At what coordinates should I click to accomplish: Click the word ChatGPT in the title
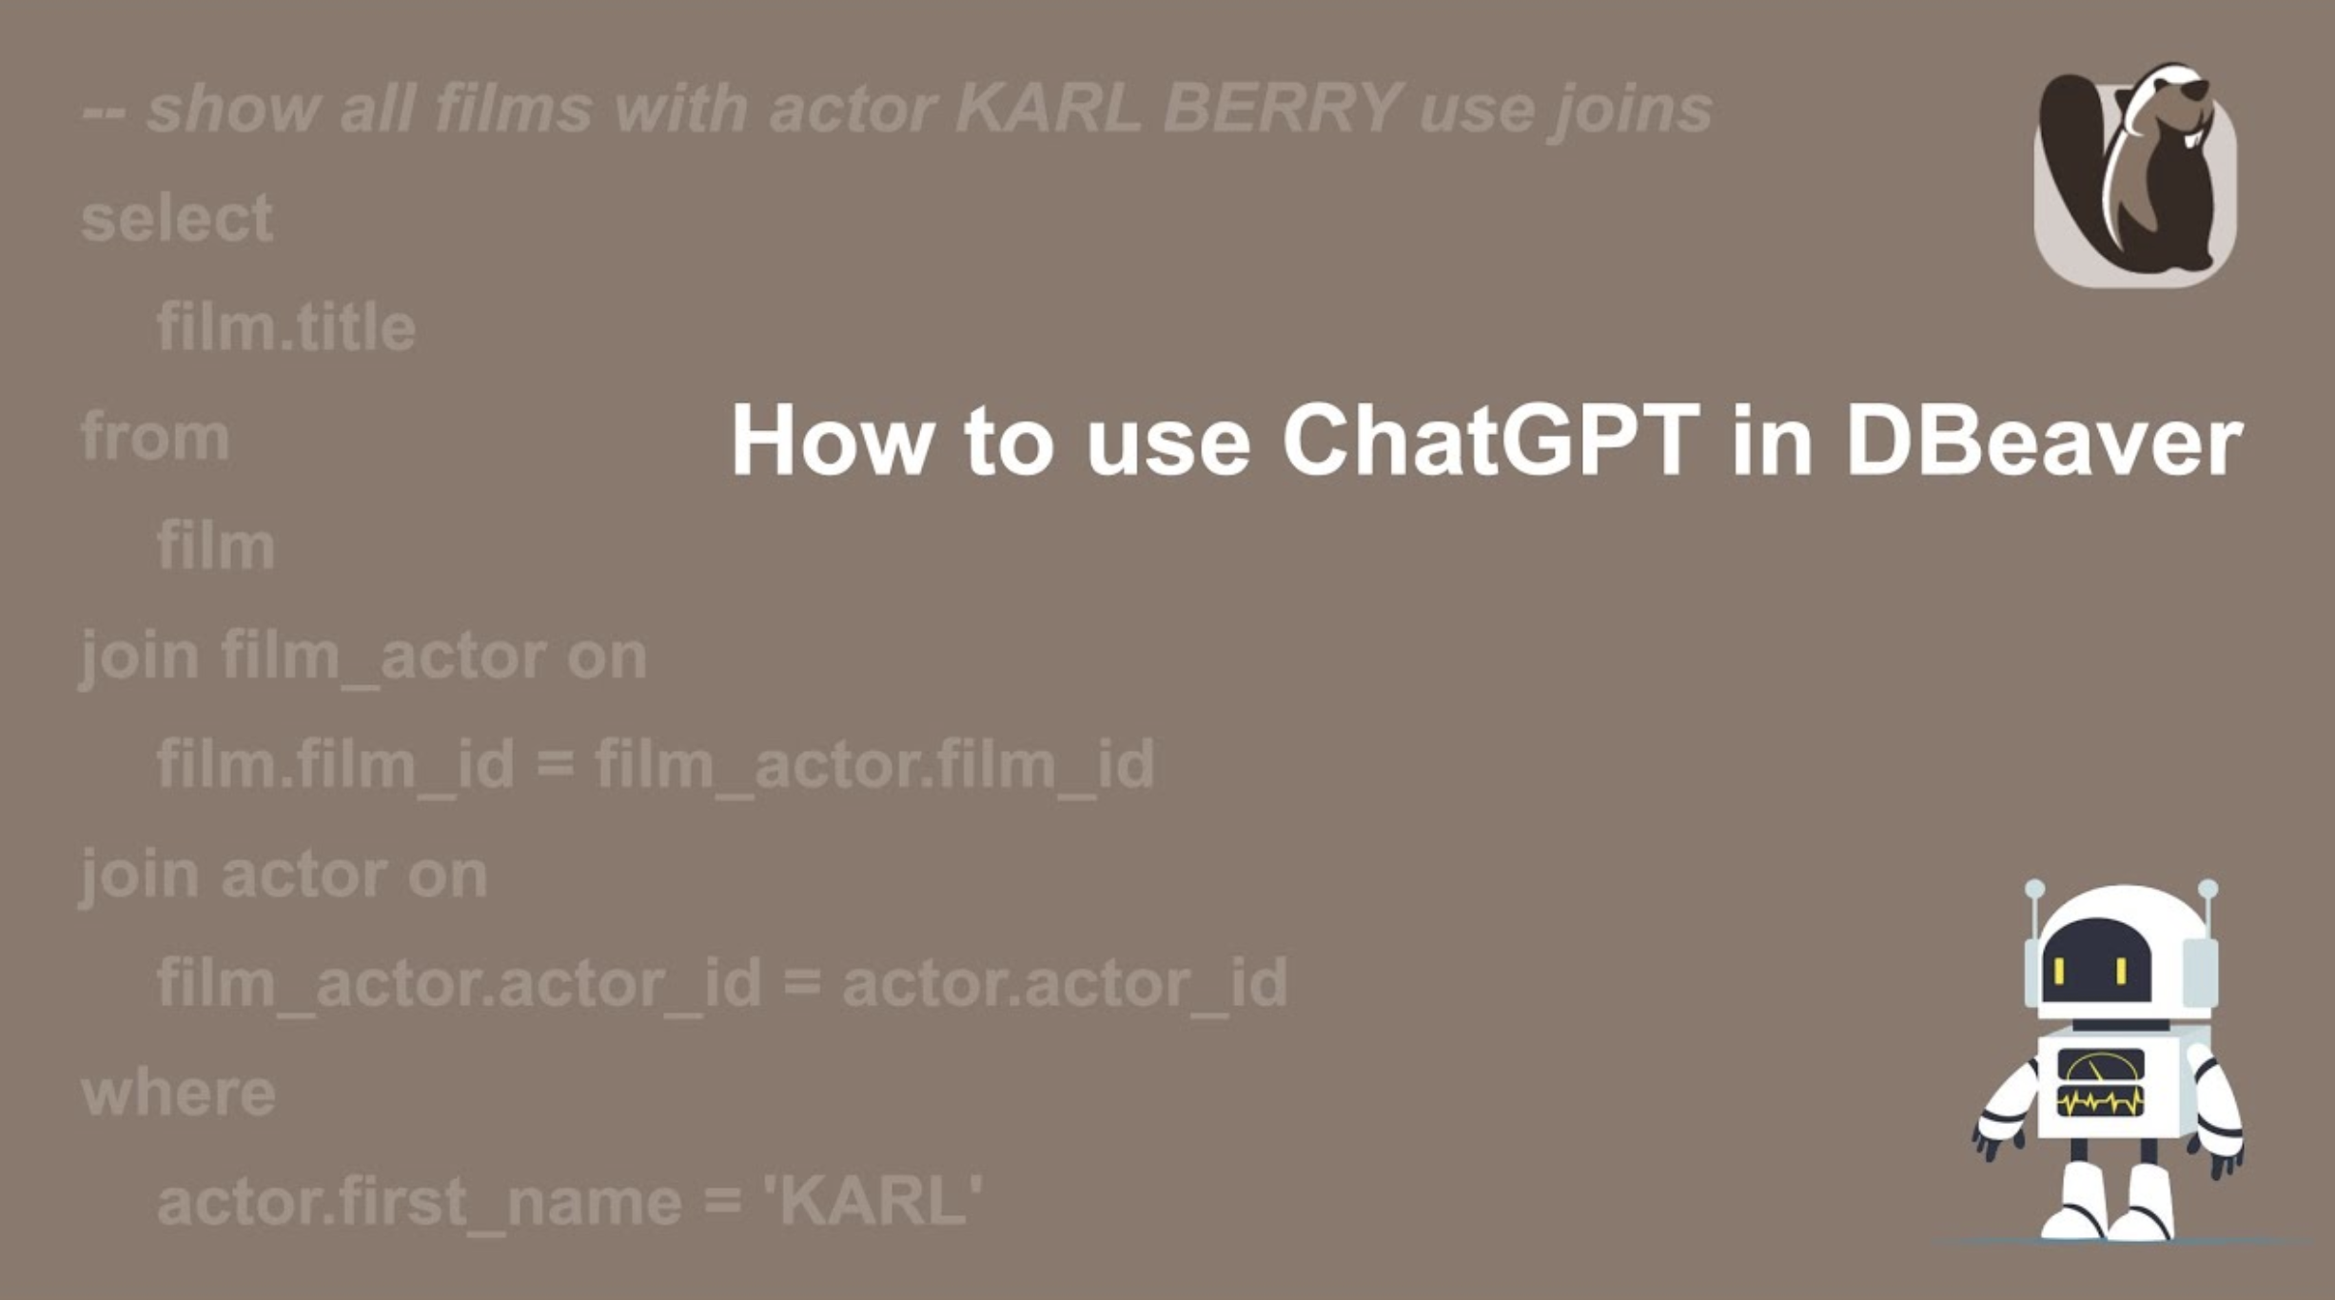point(1491,440)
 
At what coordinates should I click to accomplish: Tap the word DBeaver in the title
point(2044,440)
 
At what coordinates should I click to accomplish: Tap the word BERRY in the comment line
point(1283,107)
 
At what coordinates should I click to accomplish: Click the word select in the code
point(177,218)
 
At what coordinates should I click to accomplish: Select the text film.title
point(286,326)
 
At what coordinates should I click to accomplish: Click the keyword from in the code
point(155,437)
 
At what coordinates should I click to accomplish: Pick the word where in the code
point(178,1093)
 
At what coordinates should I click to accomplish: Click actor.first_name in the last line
point(420,1202)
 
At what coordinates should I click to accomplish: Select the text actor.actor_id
point(1065,983)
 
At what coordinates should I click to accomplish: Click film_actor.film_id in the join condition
point(875,764)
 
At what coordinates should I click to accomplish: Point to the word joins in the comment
point(1629,108)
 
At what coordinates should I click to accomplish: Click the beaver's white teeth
point(2189,137)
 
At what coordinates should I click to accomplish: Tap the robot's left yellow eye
point(2059,972)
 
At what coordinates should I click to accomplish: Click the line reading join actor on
point(284,875)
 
